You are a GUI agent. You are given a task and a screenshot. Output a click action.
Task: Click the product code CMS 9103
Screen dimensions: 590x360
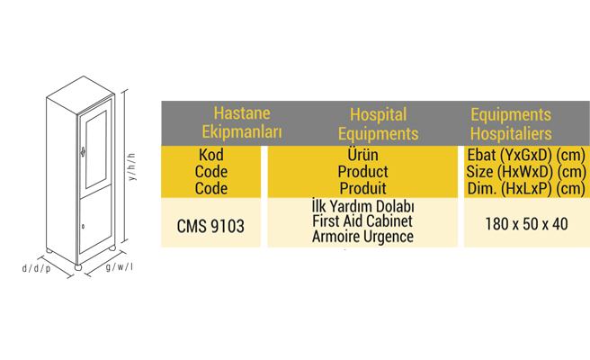pyautogui.click(x=210, y=226)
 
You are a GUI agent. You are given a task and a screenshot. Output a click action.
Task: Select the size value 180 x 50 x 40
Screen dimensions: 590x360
pyautogui.click(x=526, y=224)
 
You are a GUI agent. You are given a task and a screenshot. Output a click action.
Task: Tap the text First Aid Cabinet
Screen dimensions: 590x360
pyautogui.click(x=362, y=221)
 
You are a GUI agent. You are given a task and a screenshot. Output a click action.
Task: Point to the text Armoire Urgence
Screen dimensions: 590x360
pyautogui.click(x=362, y=237)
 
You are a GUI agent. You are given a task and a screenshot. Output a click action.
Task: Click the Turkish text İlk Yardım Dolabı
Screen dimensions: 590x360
pyautogui.click(x=363, y=206)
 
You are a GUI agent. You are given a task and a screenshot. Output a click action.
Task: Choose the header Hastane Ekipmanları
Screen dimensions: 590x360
pyautogui.click(x=242, y=122)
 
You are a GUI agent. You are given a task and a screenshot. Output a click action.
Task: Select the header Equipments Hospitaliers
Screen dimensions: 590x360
pyautogui.click(x=511, y=124)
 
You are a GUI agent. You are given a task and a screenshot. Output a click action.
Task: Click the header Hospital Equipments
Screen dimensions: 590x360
pyautogui.click(x=378, y=124)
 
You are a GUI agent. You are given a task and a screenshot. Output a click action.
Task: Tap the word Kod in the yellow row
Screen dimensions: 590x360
pyautogui.click(x=211, y=155)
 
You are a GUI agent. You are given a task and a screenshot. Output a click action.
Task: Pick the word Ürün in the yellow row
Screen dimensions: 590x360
pyautogui.click(x=362, y=155)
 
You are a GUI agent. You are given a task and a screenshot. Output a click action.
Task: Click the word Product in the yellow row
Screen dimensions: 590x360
pyautogui.click(x=362, y=172)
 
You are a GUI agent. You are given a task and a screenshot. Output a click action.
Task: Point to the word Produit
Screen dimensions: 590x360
pyautogui.click(x=362, y=188)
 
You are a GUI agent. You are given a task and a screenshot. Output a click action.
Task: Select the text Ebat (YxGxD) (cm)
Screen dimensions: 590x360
pyautogui.click(x=526, y=155)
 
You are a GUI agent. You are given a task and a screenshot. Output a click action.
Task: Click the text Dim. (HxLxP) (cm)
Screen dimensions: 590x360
pyautogui.click(x=526, y=189)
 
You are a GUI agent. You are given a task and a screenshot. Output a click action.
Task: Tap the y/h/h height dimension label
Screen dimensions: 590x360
pyautogui.click(x=132, y=166)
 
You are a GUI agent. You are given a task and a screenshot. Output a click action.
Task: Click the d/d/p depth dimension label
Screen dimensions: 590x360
pyautogui.click(x=36, y=268)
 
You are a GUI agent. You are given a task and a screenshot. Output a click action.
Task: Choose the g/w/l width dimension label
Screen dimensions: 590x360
pyautogui.click(x=120, y=267)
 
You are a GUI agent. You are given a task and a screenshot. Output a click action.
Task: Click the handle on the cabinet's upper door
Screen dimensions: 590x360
pyautogui.click(x=83, y=151)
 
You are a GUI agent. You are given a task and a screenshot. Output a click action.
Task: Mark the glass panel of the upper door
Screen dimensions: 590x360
pyautogui.click(x=96, y=149)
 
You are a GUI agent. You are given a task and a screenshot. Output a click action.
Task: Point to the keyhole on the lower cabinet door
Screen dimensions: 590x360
pyautogui.click(x=83, y=226)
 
